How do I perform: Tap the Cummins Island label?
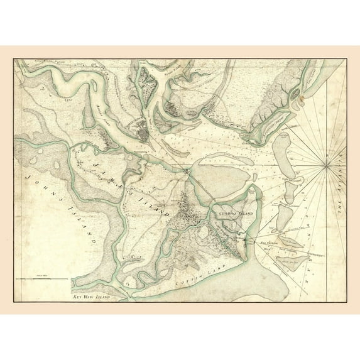pyautogui.click(x=234, y=214)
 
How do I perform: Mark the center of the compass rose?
pyautogui.click(x=327, y=165)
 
